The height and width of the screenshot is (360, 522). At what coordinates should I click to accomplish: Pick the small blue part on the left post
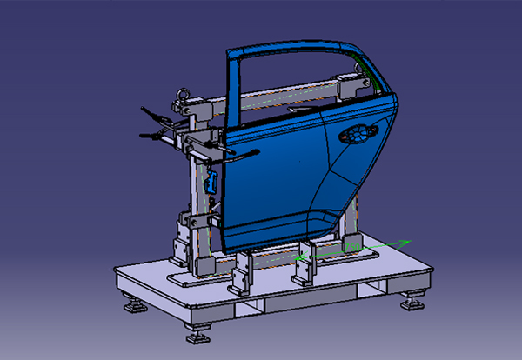click(211, 182)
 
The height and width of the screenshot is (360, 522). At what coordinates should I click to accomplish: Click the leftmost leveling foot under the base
click(135, 305)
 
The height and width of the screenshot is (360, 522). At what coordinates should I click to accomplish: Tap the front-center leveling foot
click(199, 335)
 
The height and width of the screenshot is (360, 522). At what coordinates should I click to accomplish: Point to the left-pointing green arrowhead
click(299, 257)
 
